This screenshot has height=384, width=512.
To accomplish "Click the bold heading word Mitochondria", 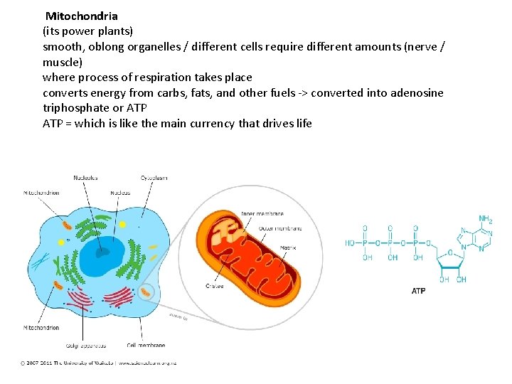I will (x=82, y=16).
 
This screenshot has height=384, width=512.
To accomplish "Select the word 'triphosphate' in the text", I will (x=77, y=108).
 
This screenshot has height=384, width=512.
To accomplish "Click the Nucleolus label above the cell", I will (x=85, y=177).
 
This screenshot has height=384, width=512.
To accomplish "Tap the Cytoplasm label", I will (x=154, y=177).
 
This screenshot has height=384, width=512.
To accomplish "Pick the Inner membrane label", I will (x=262, y=213).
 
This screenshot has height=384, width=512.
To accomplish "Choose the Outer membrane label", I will (x=280, y=228).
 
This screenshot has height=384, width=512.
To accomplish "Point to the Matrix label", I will (x=269, y=248).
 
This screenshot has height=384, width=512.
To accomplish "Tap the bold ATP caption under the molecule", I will (x=418, y=291).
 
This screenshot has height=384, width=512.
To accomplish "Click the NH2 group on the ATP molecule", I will (x=485, y=220).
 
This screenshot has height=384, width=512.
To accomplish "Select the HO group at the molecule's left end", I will (x=351, y=242).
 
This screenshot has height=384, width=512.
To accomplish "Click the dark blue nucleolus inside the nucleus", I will (x=104, y=250).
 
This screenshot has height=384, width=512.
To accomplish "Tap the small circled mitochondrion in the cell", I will (x=147, y=292).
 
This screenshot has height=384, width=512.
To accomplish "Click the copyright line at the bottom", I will (x=98, y=363).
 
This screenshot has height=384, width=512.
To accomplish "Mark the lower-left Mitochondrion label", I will (x=41, y=328).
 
